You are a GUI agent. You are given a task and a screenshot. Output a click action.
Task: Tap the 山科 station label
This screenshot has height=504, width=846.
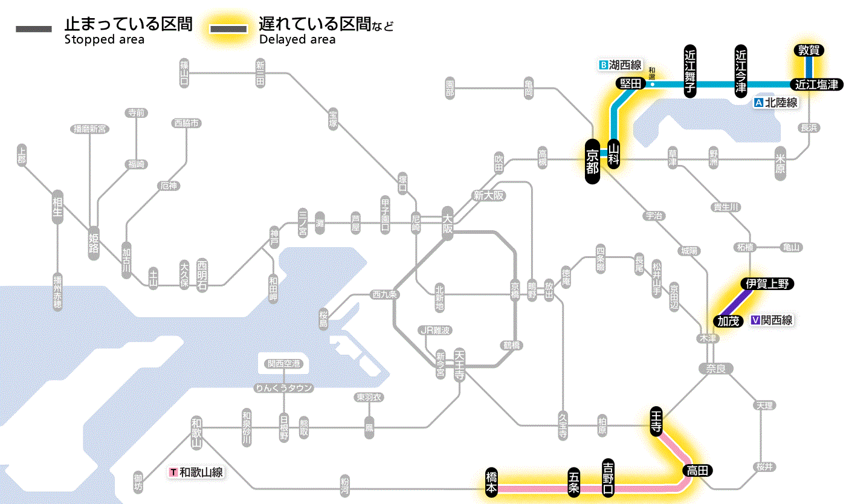tap(614, 154)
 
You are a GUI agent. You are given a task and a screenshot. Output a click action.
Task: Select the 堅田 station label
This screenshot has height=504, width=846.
tap(630, 84)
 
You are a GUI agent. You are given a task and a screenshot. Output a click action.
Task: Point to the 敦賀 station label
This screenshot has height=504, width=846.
tap(809, 51)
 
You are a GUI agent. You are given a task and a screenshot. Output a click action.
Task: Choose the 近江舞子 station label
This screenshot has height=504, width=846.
tap(690, 71)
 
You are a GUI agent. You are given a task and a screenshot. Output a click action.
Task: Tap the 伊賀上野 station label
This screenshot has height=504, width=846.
tap(767, 283)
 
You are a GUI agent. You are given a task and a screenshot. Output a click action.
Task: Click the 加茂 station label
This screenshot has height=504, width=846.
tap(729, 320)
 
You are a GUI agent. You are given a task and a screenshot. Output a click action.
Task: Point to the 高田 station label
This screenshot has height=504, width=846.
tap(698, 470)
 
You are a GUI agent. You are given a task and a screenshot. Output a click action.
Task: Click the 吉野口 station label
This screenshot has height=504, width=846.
tap(609, 477)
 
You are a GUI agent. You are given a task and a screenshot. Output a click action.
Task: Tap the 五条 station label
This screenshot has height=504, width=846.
tap(574, 482)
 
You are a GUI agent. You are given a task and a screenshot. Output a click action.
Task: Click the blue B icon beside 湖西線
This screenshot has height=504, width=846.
tap(602, 65)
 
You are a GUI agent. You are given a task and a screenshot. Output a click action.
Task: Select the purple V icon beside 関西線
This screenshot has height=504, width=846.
tap(755, 321)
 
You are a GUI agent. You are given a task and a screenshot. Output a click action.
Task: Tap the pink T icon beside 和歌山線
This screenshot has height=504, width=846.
tap(174, 473)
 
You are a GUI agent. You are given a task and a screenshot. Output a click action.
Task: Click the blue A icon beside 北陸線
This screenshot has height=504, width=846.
tap(759, 103)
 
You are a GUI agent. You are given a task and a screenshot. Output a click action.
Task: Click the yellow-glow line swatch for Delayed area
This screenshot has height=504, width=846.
tap(228, 28)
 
